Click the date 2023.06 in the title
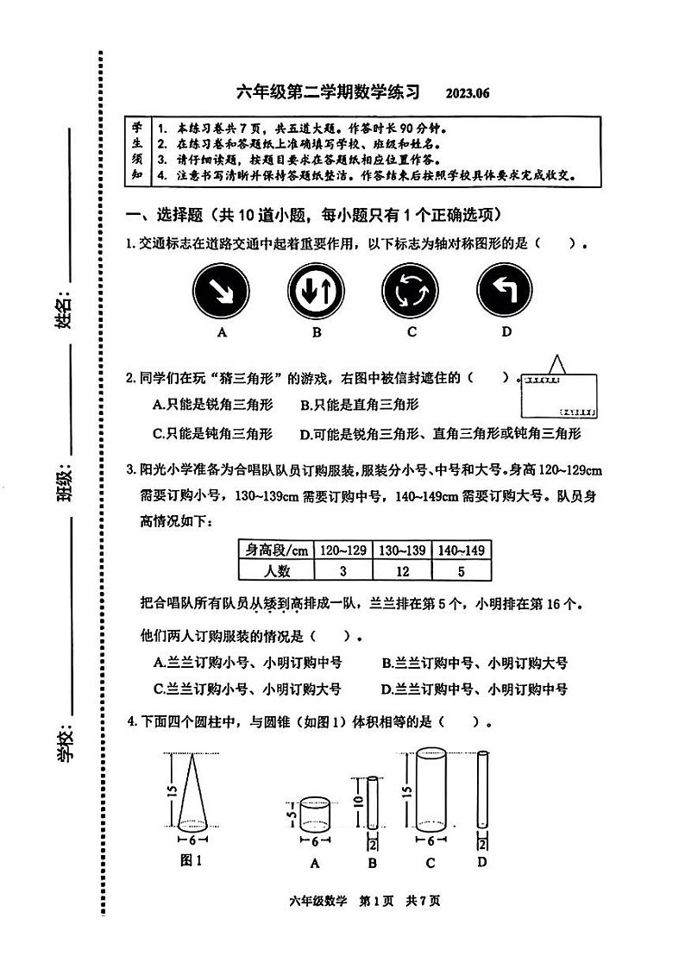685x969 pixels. click(468, 93)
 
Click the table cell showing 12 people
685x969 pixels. click(401, 570)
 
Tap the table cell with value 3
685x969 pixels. click(342, 570)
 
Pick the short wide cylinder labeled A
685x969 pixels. click(315, 812)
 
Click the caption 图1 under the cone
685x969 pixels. click(190, 859)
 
